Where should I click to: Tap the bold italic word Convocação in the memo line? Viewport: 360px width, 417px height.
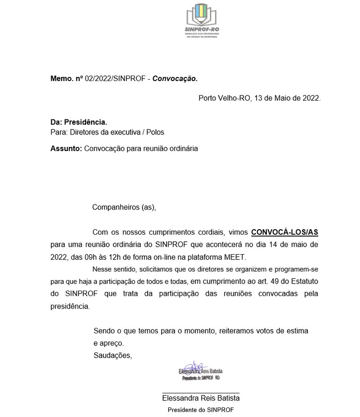175,79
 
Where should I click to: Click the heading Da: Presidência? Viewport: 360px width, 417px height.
79,122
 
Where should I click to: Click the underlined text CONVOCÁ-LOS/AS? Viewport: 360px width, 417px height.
285,233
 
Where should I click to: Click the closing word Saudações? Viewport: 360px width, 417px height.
113,356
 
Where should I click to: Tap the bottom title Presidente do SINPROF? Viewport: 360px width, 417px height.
200,410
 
